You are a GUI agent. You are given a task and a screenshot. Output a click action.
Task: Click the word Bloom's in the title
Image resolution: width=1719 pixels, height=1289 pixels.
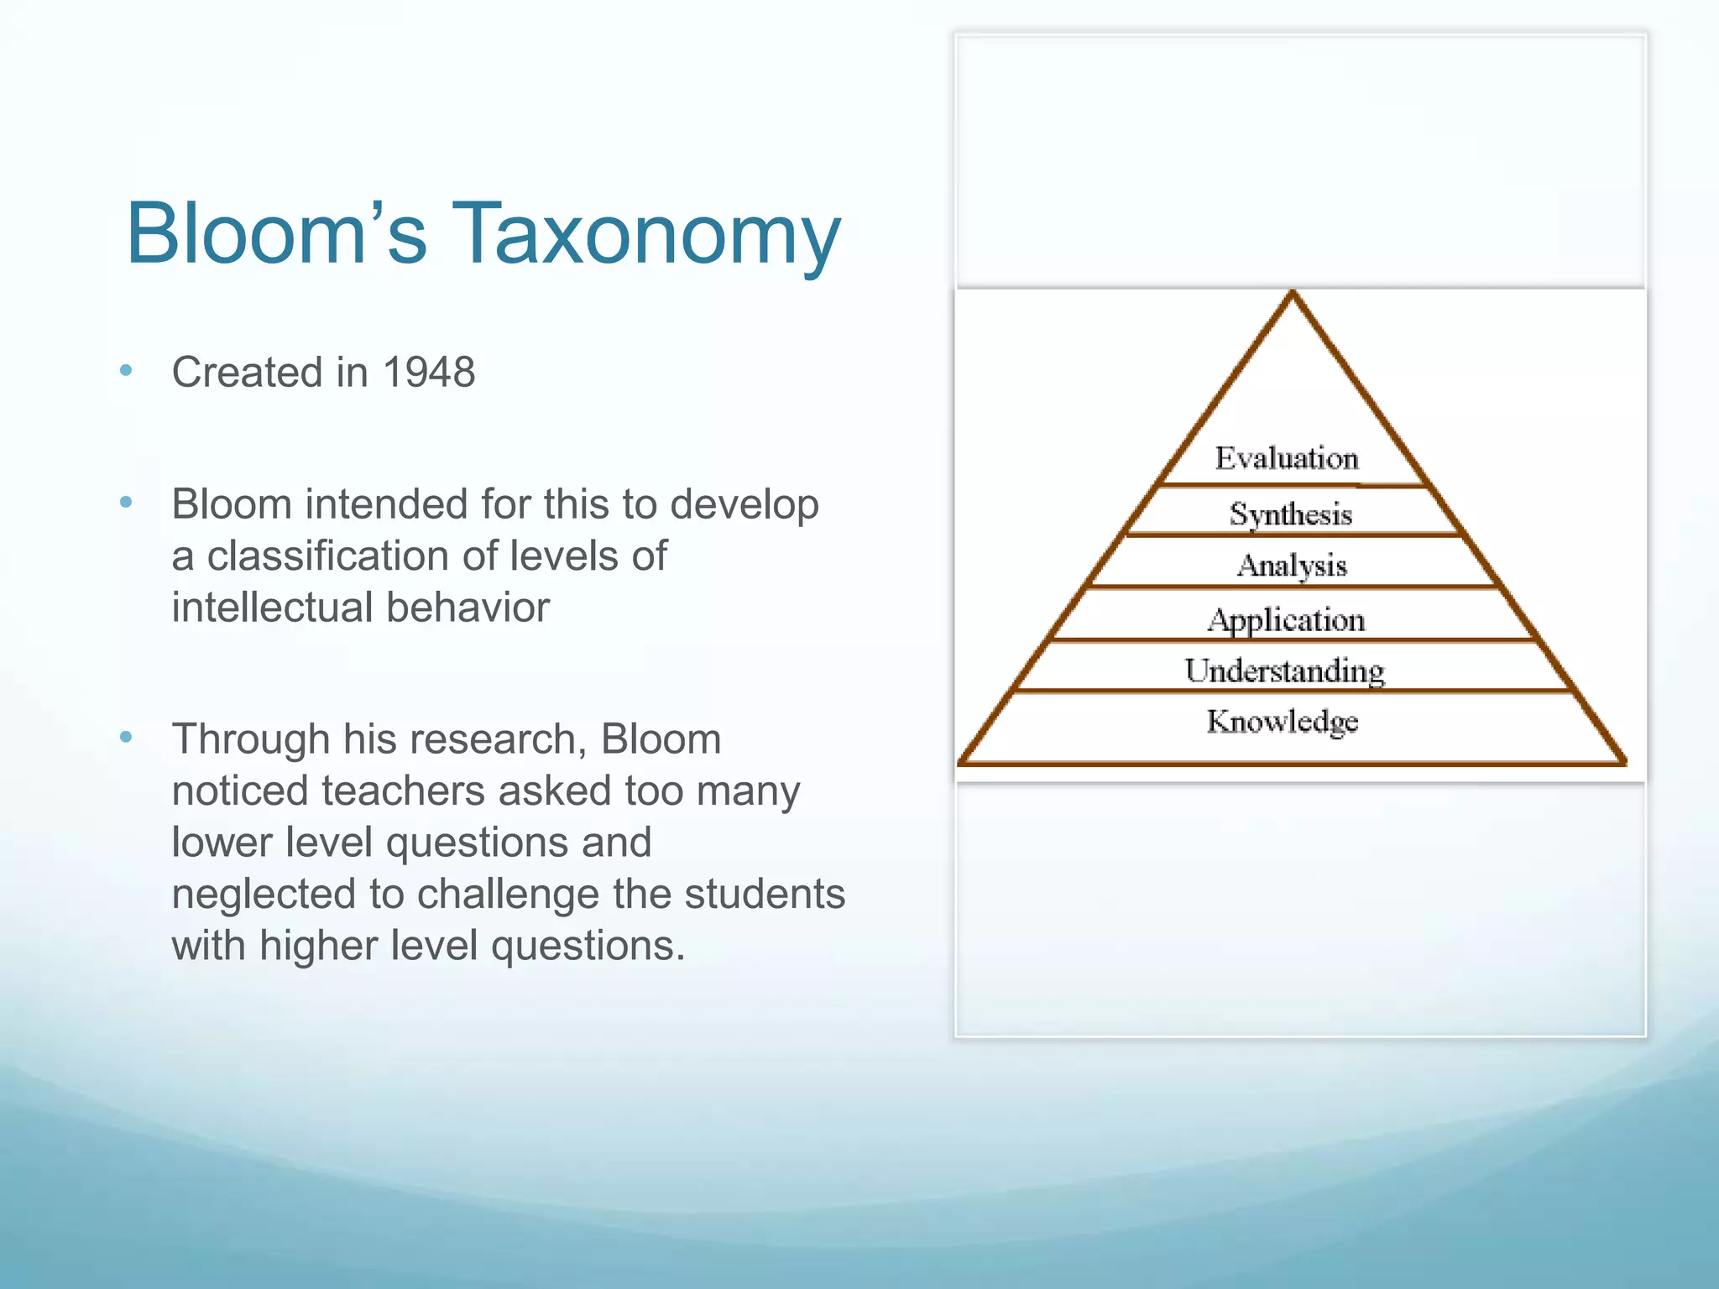[x=277, y=233]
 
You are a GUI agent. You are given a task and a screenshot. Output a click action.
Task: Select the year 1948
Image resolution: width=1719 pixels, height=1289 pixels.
[x=429, y=373]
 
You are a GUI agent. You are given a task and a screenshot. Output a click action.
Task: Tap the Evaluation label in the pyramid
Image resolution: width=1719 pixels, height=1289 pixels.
[x=1287, y=458]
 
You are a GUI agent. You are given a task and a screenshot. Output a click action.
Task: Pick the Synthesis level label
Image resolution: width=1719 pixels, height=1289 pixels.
[x=1291, y=514]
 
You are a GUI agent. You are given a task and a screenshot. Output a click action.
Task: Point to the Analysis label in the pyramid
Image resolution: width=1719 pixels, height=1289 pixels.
[x=1292, y=566]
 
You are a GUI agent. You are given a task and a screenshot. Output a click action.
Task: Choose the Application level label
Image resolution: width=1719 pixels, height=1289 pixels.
[x=1287, y=620]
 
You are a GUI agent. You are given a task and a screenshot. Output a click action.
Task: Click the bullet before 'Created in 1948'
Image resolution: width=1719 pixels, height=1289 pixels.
[x=127, y=370]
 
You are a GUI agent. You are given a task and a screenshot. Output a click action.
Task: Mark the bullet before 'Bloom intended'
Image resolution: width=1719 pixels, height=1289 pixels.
[x=127, y=503]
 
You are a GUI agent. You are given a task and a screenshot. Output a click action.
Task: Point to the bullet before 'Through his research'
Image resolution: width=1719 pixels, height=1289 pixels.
[x=127, y=738]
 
